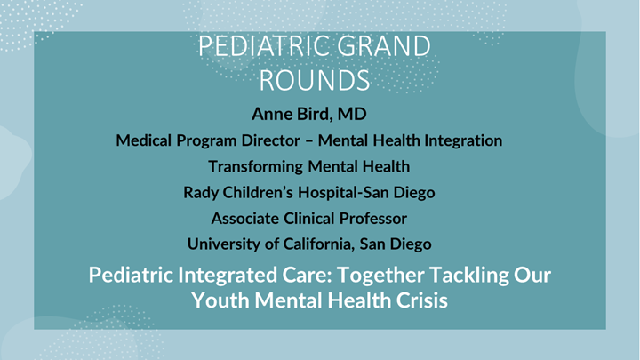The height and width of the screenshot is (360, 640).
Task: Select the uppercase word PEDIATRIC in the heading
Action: pos(260,48)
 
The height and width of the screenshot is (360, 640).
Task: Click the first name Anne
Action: pos(272,115)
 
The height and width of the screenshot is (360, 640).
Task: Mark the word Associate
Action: pos(246,218)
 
